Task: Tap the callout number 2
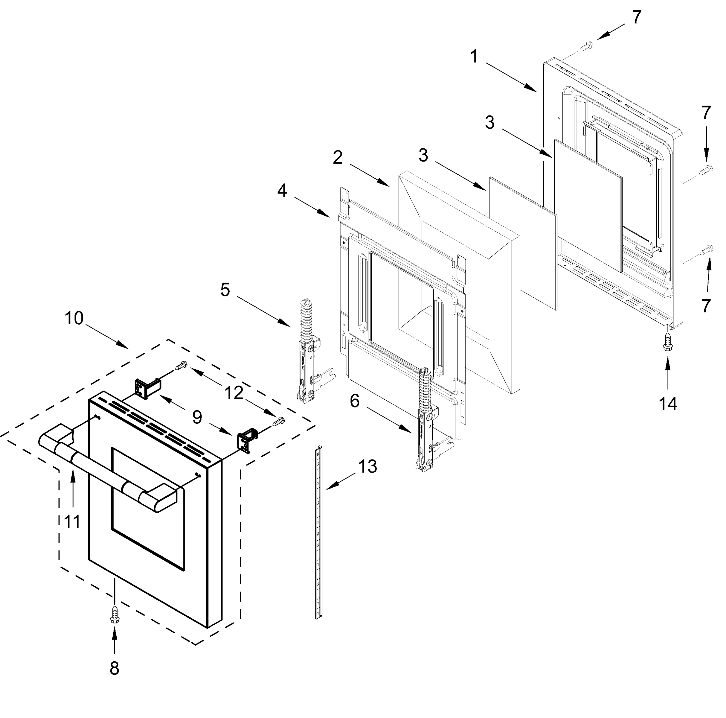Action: pyautogui.click(x=338, y=158)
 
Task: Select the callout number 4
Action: pyautogui.click(x=282, y=191)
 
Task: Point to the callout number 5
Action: pyautogui.click(x=225, y=290)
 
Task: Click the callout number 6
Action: pyautogui.click(x=354, y=401)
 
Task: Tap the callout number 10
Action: pyautogui.click(x=74, y=318)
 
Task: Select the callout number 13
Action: pyautogui.click(x=367, y=467)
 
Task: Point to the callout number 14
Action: pyautogui.click(x=668, y=404)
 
